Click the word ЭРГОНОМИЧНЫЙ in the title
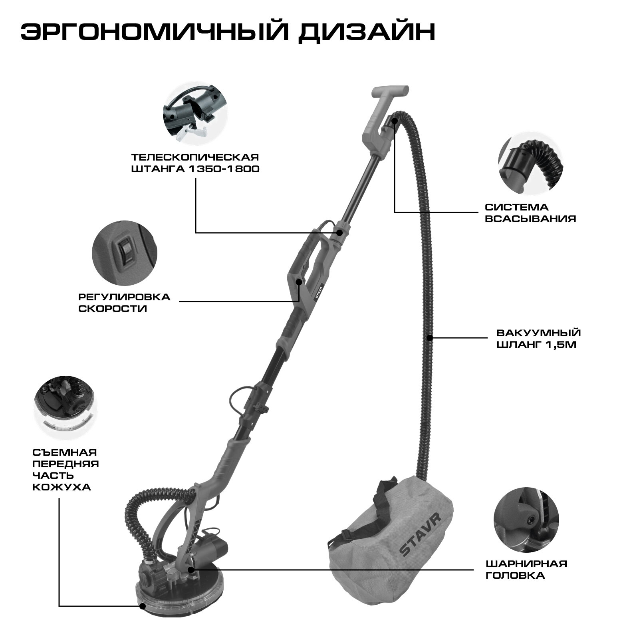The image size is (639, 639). (149, 33)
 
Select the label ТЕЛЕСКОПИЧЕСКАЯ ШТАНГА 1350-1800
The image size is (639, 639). (196, 163)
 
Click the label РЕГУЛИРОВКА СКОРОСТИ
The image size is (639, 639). (124, 303)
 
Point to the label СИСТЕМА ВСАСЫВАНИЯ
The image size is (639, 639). (530, 213)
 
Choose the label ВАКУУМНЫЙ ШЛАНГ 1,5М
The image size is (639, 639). (539, 338)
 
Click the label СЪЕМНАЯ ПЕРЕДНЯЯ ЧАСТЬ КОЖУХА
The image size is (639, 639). (65, 470)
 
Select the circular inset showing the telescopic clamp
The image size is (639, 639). (194, 114)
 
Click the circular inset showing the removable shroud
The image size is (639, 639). (65, 407)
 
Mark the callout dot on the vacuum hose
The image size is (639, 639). (429, 338)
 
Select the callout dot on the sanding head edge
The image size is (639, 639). (142, 617)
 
